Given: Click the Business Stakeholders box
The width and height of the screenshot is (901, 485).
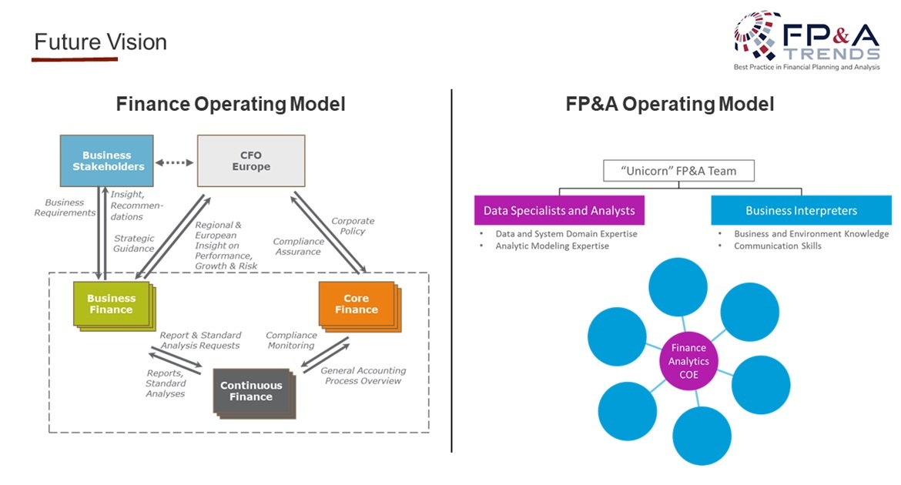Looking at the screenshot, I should (107, 161).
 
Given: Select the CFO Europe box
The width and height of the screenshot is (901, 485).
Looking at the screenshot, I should (251, 161).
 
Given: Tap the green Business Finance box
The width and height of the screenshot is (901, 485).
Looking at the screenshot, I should (111, 304).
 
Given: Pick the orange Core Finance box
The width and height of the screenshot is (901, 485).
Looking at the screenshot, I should (357, 304).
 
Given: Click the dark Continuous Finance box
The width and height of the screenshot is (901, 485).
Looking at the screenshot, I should (251, 391).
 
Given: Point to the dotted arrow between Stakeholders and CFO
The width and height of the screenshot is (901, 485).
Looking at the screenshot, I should (176, 162).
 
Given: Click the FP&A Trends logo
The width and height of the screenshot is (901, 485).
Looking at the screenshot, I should (806, 42).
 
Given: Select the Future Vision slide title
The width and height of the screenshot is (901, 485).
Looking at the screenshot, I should (100, 42).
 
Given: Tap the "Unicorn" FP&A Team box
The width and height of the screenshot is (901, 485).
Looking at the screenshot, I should (679, 171).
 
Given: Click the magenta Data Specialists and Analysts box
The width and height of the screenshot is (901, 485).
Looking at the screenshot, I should (559, 210).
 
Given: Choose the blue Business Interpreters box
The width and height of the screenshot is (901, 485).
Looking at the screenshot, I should (801, 210).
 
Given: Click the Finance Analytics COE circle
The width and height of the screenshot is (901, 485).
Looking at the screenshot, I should (688, 360).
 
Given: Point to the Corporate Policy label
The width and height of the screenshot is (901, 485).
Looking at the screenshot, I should (353, 226).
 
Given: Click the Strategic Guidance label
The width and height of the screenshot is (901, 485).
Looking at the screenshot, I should (134, 243).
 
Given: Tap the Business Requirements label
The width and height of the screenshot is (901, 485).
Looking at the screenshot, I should (65, 208).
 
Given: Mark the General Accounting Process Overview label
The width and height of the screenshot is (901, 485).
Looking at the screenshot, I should (363, 376).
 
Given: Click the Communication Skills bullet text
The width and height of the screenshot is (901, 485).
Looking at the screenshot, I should (777, 246).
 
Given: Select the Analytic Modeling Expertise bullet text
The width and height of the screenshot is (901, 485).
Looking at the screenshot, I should (551, 246).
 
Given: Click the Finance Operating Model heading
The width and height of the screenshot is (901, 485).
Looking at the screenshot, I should (230, 104).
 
